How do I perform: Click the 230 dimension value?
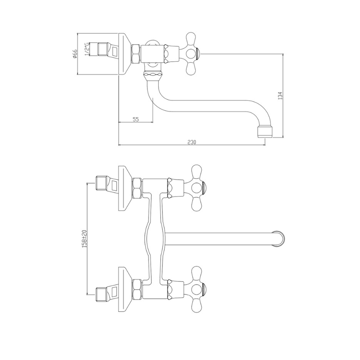pos(192,142)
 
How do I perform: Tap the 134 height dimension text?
pos(280,96)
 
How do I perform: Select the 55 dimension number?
pos(136,119)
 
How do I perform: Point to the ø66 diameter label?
pos(75,54)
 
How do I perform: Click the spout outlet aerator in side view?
pos(265,132)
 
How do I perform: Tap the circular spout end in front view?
pos(278,239)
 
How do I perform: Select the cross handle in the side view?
pos(192,54)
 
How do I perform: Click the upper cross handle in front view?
pos(196,188)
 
